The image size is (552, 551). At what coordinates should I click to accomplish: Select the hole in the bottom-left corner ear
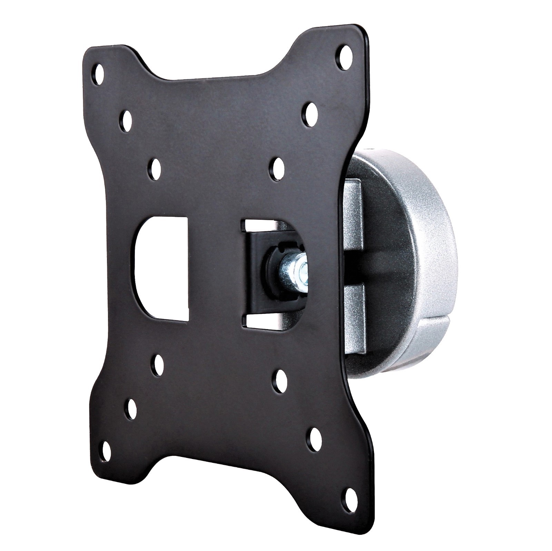click(x=104, y=449)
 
